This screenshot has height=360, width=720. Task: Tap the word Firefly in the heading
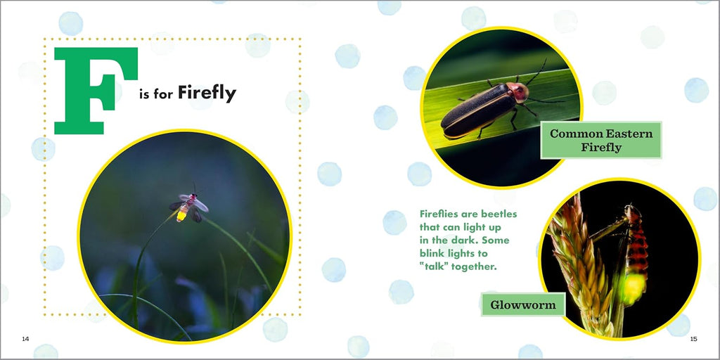[x=207, y=94]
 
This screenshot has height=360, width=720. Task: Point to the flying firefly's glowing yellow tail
[x=182, y=214]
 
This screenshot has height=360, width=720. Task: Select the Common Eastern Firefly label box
[x=601, y=140]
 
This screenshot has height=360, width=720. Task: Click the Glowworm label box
[x=523, y=304]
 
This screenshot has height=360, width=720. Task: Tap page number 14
[x=26, y=339]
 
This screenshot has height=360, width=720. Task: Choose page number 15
[x=693, y=339]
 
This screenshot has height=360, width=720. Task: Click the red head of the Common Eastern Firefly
[x=519, y=92]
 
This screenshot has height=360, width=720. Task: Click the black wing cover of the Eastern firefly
[x=477, y=110]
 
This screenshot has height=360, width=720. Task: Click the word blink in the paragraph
[x=432, y=253]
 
